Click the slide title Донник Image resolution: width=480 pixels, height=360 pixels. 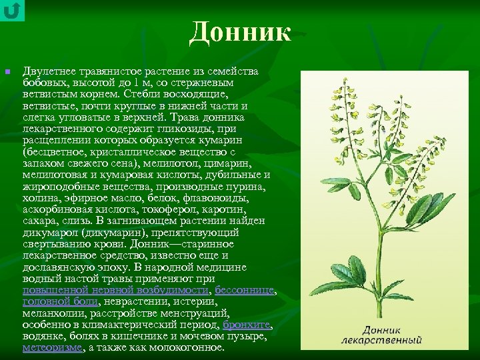click(240, 32)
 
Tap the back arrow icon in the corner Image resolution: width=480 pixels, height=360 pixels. click(12, 10)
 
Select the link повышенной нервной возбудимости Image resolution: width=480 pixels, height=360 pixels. click(116, 291)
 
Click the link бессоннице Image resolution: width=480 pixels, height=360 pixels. click(245, 291)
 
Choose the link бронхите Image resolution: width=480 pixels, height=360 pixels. click(247, 325)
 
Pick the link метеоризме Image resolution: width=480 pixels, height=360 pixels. click(52, 347)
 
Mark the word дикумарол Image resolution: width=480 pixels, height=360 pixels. click(50, 233)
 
